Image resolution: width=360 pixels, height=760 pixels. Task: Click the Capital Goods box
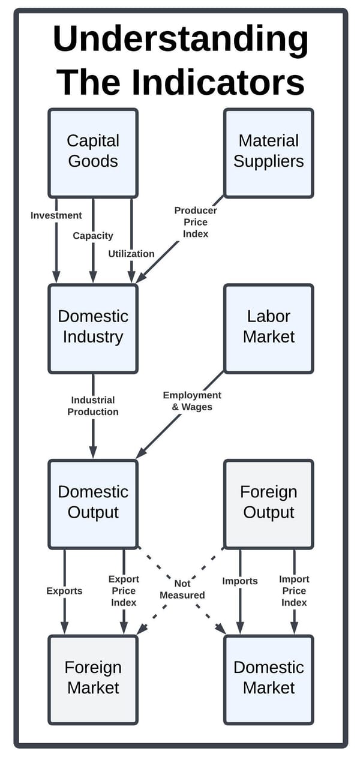(93, 152)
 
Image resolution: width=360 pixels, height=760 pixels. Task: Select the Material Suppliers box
(268, 152)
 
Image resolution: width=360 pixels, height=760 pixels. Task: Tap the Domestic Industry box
(93, 328)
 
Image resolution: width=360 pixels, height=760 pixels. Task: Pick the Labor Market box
(268, 328)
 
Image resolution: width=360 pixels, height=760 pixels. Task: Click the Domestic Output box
(93, 503)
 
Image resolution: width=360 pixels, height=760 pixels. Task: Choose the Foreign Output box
(268, 503)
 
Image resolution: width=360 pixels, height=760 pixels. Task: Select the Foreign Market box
(93, 679)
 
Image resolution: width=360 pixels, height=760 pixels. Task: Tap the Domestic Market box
(268, 679)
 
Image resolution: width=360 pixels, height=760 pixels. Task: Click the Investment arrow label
(56, 215)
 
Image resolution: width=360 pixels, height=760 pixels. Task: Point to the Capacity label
(93, 236)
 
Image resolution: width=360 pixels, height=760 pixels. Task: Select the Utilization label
(131, 254)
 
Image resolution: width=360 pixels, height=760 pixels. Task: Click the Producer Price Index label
(196, 222)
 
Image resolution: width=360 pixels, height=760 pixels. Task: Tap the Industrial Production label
(93, 406)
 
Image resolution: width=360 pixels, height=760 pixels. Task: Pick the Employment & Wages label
(192, 401)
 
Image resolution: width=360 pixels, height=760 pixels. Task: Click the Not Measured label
(182, 589)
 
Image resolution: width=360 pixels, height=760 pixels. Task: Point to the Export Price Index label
(124, 590)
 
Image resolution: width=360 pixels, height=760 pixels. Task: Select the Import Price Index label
(294, 590)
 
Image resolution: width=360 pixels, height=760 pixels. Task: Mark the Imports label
(240, 581)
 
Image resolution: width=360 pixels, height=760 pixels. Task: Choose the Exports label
(64, 591)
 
